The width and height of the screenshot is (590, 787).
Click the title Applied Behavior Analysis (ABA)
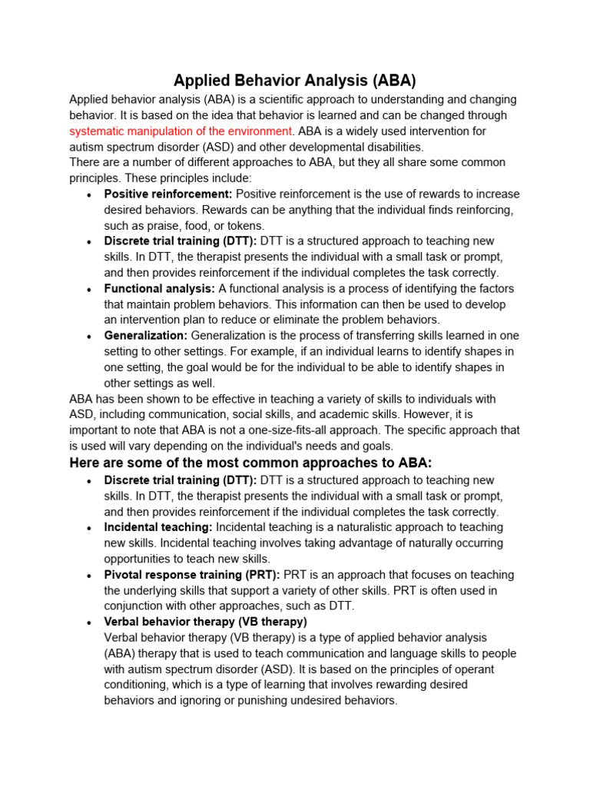tap(294, 81)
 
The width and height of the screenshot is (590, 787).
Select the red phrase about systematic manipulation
tap(181, 131)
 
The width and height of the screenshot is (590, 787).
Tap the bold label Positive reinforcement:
tap(168, 194)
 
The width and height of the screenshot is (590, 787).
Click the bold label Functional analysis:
tap(160, 288)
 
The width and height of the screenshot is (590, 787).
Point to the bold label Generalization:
tap(146, 336)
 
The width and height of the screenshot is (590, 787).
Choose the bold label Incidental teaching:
tap(158, 527)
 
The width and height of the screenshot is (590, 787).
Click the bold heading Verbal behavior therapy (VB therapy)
tap(206, 622)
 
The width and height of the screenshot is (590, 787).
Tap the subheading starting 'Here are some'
tap(251, 463)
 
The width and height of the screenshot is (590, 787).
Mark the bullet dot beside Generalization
tap(91, 337)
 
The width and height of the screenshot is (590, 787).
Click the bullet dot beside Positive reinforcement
tap(91, 194)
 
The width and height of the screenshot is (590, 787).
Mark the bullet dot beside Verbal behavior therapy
tap(91, 623)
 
